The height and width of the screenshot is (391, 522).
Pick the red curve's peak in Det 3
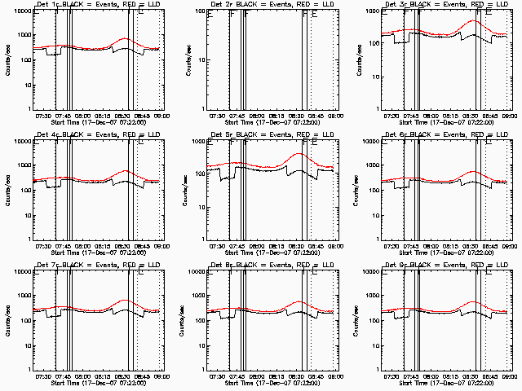point(475,21)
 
